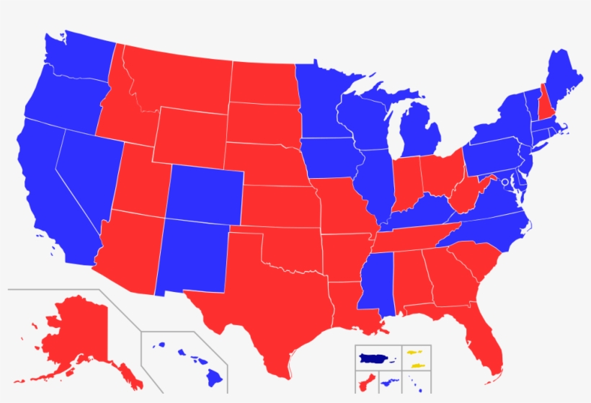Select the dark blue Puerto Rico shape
tap(373, 358)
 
